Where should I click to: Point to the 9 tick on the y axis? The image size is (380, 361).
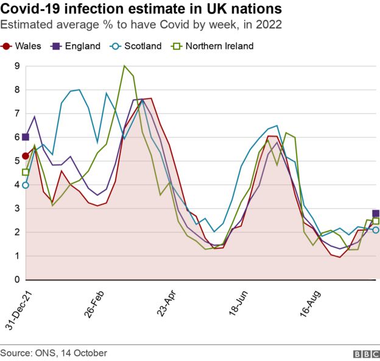[18, 66]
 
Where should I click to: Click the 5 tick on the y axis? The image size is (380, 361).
[18, 161]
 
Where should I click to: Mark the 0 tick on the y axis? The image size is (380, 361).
[18, 280]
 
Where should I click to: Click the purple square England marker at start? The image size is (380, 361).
[26, 138]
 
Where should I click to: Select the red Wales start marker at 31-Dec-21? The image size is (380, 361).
[26, 156]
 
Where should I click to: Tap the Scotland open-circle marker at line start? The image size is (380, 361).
[26, 185]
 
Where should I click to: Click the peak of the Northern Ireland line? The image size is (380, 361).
[124, 66]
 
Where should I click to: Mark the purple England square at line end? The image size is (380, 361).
[376, 214]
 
